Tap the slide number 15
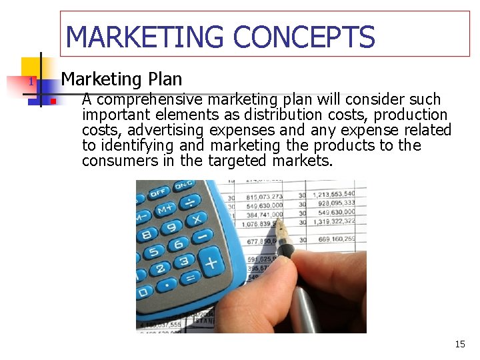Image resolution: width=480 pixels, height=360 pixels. pyautogui.click(x=460, y=344)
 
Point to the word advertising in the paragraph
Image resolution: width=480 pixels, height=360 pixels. pyautogui.click(x=167, y=130)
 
